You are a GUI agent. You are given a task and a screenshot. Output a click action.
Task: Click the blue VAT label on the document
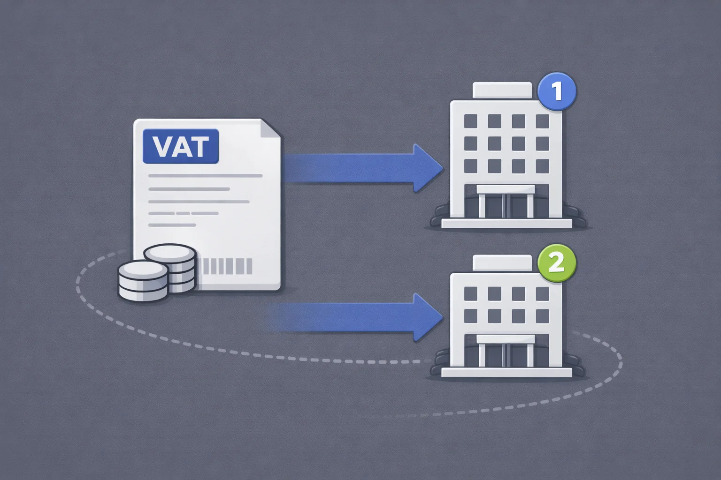(181, 146)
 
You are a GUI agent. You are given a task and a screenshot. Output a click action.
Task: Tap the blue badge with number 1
(557, 91)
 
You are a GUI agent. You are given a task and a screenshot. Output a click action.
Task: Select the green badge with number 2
(557, 263)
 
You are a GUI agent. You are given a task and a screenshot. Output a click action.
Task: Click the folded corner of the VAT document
(270, 128)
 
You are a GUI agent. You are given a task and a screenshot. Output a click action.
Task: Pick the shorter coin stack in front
(143, 281)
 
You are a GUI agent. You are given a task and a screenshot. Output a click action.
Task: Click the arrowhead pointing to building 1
(428, 168)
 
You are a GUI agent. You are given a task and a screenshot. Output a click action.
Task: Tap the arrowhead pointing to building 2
(428, 317)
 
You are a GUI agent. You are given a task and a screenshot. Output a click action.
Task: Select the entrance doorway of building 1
(506, 201)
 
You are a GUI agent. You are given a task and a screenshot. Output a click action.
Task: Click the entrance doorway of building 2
(506, 351)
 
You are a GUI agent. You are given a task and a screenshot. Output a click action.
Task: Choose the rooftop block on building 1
(502, 90)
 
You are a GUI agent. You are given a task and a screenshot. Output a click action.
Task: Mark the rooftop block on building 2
(502, 263)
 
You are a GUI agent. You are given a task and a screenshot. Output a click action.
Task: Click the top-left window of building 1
(471, 121)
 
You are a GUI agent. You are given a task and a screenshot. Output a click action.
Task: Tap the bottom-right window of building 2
(542, 316)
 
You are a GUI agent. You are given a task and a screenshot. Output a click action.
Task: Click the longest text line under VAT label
(205, 176)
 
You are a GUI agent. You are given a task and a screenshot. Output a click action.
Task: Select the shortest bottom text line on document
(172, 225)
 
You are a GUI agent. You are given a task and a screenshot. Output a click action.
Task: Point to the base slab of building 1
(506, 224)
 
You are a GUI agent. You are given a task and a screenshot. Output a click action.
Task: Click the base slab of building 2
(506, 373)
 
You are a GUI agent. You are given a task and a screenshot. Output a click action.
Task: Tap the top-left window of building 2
(471, 293)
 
